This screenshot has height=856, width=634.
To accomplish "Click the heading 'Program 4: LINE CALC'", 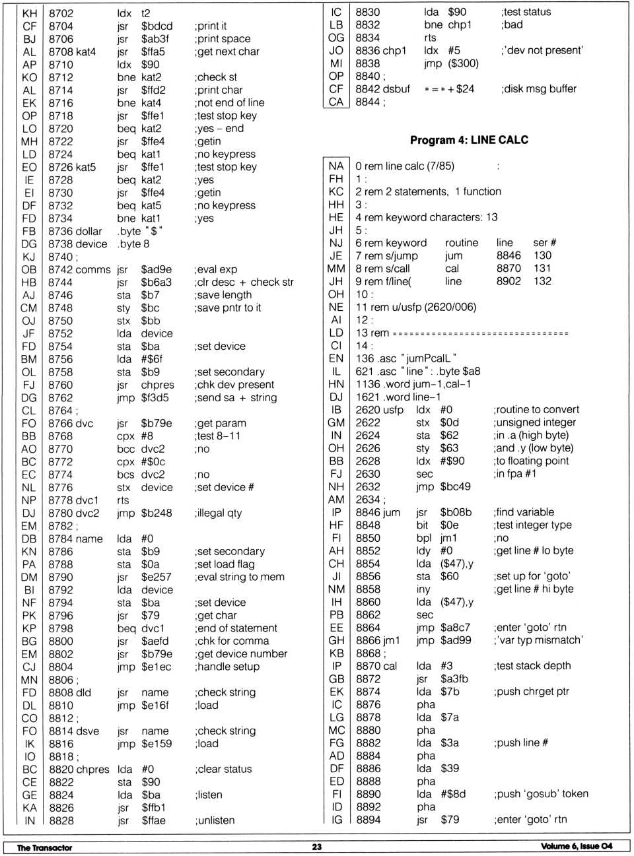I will [469, 140].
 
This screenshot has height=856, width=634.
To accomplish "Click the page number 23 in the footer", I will [317, 847].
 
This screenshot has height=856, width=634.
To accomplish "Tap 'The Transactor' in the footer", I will [44, 847].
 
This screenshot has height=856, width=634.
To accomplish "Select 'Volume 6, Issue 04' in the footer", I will [577, 847].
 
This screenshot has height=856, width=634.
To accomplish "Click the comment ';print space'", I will [223, 39].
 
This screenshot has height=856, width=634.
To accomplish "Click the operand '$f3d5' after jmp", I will [155, 398].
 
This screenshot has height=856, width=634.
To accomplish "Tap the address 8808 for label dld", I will [61, 692].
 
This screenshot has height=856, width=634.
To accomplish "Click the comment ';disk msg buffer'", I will [538, 89].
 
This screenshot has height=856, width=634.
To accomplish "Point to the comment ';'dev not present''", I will [542, 51].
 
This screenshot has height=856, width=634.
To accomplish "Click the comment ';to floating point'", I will [531, 461].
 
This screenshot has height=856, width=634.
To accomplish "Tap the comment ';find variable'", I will [524, 512].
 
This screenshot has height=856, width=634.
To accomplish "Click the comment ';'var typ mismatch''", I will [538, 640].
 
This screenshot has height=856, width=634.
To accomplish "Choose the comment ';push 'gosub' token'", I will [540, 794].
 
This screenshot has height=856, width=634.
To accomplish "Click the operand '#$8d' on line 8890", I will [454, 794].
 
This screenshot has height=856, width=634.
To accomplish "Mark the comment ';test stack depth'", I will [532, 666].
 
